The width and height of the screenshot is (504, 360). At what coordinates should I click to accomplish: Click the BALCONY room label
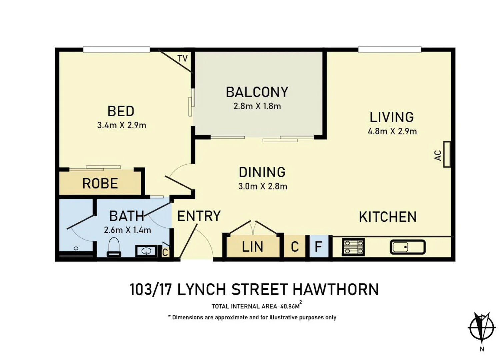coord(257,92)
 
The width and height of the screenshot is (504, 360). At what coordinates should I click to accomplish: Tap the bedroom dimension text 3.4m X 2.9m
coord(122,125)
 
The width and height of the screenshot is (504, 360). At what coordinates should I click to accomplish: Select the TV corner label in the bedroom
coord(182,59)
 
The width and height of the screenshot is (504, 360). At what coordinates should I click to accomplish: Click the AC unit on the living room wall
coord(447,154)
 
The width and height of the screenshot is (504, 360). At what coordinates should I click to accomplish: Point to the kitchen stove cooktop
coord(353,247)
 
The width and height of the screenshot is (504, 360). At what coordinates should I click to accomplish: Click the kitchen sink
coord(407,247)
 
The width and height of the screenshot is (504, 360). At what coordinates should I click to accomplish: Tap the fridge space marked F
coord(318,247)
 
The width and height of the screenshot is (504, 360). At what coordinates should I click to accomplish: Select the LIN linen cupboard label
coord(252,247)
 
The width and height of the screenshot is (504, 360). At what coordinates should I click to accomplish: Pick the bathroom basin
coord(146,251)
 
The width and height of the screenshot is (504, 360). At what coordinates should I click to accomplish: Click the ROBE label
coord(100,184)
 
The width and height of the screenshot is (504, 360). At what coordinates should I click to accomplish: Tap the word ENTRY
coord(199,216)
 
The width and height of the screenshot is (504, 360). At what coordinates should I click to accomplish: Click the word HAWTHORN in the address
coord(336,289)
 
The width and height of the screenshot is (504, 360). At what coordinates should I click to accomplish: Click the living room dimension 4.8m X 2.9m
coord(392,131)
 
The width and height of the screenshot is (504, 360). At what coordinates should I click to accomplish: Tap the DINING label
coord(262,172)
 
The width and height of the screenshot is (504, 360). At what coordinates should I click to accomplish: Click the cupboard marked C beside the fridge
coord(295,247)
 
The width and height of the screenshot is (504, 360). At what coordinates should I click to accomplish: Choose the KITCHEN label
coord(388,217)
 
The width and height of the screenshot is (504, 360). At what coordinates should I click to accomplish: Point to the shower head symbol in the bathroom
coord(76,249)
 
